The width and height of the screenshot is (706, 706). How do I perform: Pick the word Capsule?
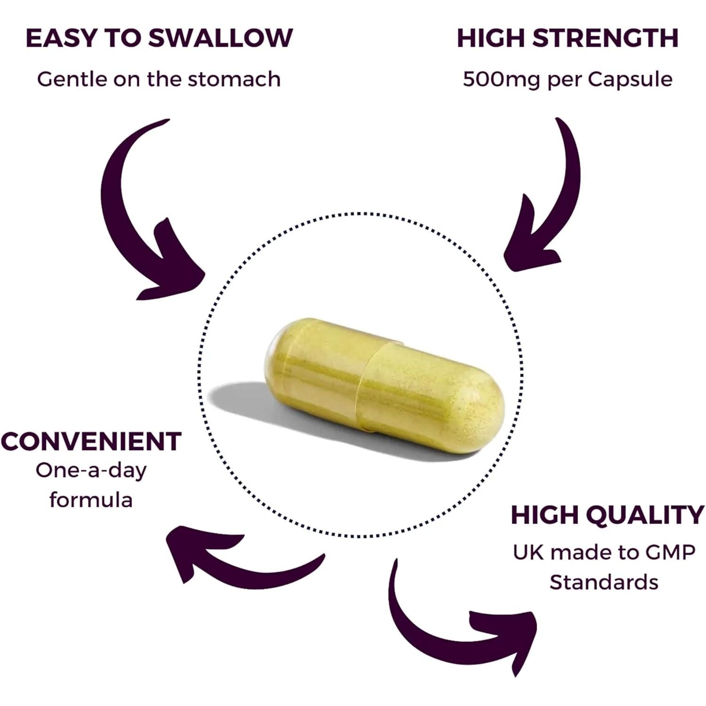tap(630, 79)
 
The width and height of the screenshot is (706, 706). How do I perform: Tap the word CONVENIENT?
tap(91, 441)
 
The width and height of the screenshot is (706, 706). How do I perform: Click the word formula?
tap(91, 499)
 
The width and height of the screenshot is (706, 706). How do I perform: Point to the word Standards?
tap(604, 582)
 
